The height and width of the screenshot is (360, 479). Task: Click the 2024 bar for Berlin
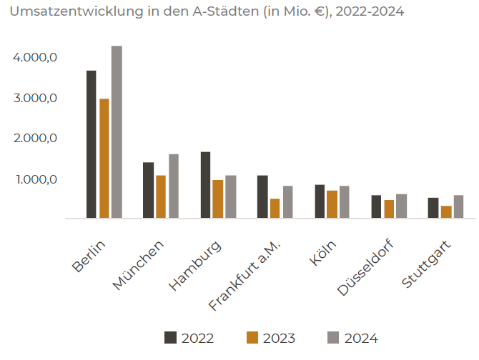(117, 132)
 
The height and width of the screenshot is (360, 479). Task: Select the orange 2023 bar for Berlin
(104, 159)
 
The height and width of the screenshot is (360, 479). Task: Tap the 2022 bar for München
(148, 190)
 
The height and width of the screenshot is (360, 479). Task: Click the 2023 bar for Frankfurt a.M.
(275, 208)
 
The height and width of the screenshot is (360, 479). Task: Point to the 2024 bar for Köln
(345, 201)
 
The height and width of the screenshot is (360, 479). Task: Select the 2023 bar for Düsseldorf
(389, 209)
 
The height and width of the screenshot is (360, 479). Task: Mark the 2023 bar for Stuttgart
(446, 211)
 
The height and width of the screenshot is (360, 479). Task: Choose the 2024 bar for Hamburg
(230, 196)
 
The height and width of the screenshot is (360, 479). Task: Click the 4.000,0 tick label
(35, 57)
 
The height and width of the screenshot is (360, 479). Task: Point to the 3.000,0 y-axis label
(35, 98)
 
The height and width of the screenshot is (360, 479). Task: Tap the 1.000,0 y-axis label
(35, 179)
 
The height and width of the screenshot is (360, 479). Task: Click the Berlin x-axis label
(89, 256)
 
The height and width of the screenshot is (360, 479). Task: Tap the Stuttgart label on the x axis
(422, 262)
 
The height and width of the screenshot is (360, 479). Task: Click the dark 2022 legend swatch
(170, 338)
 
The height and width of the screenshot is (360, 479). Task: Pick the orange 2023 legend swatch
(252, 338)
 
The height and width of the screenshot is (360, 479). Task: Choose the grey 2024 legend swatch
(333, 338)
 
